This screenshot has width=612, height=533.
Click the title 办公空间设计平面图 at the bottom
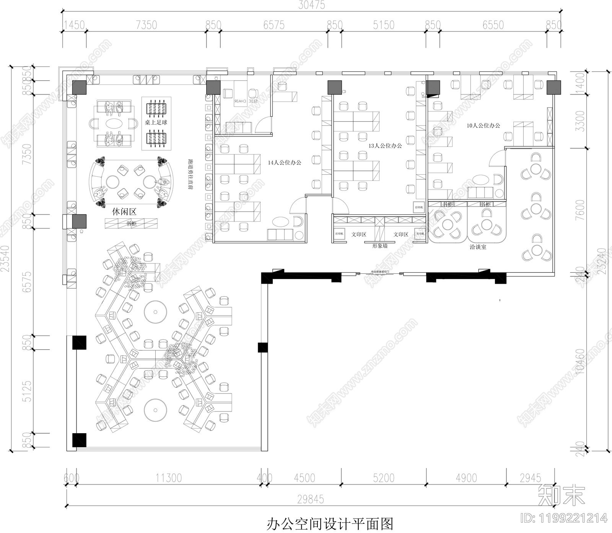point(330,523)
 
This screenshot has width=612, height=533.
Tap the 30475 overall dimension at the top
point(312,5)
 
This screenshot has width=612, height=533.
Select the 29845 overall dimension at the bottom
point(311,499)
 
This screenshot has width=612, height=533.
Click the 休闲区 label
point(124,211)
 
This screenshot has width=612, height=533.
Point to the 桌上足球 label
point(156,122)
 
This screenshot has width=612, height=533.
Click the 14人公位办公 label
point(284,162)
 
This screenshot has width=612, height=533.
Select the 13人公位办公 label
point(385,146)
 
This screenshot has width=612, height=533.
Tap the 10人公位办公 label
point(483,125)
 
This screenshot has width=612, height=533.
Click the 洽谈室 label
point(478,247)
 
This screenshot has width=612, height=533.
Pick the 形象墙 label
point(380,246)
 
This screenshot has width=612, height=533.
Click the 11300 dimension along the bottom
point(168,478)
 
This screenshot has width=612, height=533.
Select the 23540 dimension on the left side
point(5,258)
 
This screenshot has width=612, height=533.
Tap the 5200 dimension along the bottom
point(384,478)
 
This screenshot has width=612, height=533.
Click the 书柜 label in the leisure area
point(131,223)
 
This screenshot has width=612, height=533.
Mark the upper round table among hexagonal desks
point(156,312)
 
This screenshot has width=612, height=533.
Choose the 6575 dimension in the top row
point(274,25)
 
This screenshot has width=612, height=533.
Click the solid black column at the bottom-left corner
point(79,440)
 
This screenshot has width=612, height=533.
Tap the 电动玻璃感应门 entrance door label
point(380,272)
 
